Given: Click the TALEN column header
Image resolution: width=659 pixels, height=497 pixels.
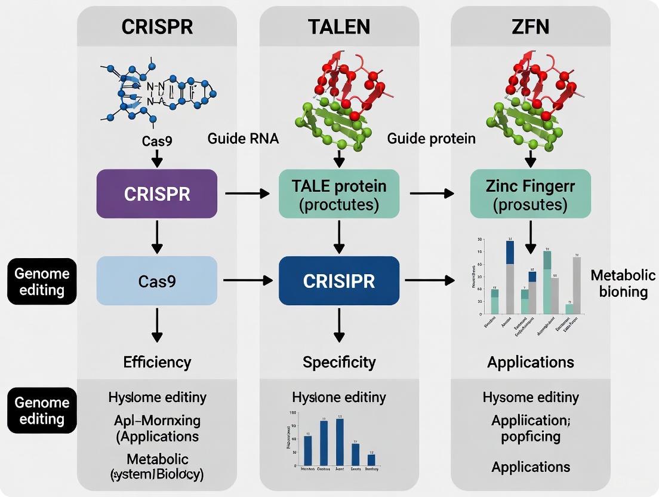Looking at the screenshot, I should pos(339,26).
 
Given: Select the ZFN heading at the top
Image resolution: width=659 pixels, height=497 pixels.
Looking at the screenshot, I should pos(531,26).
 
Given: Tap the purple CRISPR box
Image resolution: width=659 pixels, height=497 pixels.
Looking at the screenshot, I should pos(157,194).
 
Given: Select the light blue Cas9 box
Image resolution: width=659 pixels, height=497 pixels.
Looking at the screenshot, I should pos(157,280).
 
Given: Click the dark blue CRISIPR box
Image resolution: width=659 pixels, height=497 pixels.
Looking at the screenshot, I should pos(339,280).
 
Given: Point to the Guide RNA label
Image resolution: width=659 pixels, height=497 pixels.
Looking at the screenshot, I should pos(244,139).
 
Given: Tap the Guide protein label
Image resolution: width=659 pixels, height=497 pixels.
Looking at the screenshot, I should pos(431,139).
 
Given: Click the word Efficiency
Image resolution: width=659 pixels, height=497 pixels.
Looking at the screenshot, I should pos(157,362).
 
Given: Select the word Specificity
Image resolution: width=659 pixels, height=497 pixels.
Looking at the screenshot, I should pos(339,362).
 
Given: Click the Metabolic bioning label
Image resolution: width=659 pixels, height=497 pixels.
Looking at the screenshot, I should pos(618,283).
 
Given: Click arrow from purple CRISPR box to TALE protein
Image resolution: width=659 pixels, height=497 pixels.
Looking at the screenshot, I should pos(248,194).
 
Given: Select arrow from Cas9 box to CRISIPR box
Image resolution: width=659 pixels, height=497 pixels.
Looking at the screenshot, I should pos(248,280).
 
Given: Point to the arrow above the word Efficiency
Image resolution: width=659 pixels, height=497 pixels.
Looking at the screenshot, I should pos(157,326).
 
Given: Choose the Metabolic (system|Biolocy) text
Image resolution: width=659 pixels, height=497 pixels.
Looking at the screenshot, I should pos(157,467).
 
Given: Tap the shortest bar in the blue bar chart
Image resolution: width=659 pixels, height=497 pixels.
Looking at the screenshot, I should pos(371,459).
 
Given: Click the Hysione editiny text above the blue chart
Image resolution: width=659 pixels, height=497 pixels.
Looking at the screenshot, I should pos(339,397).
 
